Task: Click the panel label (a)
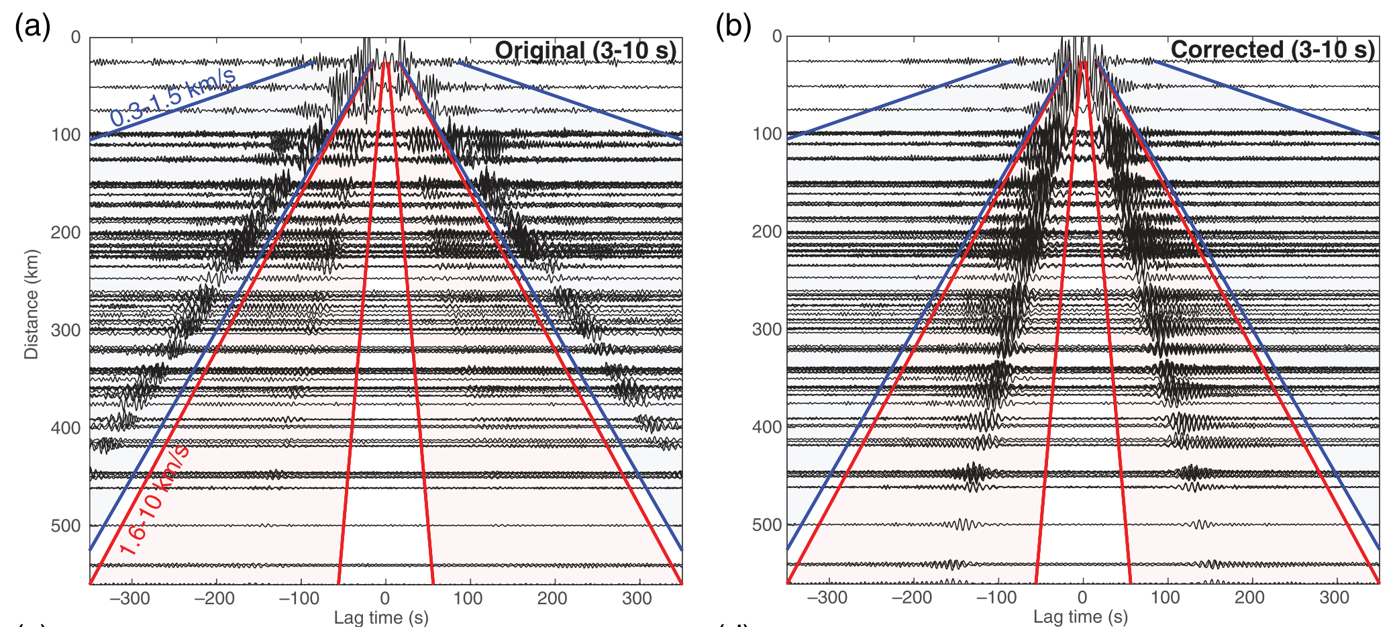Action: pos(32,27)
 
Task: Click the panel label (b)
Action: pos(733,27)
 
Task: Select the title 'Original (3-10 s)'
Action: pos(585,50)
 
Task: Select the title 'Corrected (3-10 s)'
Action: pos(1272,50)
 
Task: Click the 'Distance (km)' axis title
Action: pos(32,304)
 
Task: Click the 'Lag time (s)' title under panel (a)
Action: pos(380,617)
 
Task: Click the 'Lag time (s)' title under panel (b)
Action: pos(1080,616)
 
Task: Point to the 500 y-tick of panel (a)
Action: pos(65,526)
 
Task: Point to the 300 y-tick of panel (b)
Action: pos(766,330)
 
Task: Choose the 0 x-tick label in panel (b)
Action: pos(1082,597)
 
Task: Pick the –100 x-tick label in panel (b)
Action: pos(996,597)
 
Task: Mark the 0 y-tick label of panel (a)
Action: pos(76,38)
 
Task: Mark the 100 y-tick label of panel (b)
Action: pos(766,134)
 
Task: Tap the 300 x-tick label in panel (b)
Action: pos(1334,597)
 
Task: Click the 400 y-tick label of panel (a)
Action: pos(65,428)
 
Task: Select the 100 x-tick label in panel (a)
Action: pos(468,598)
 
